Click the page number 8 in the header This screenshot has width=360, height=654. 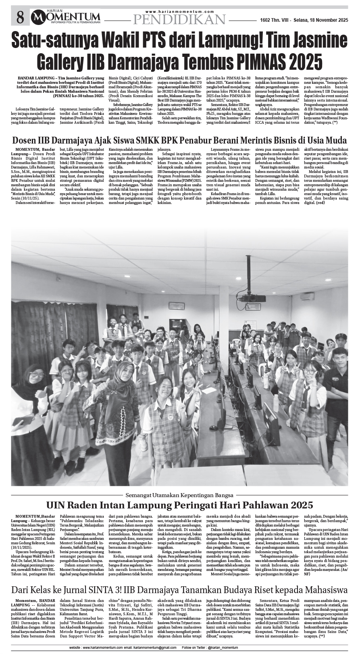click(20, 17)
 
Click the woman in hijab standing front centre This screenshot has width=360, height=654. click(119, 403)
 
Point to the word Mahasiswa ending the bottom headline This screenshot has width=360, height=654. click(324, 589)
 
